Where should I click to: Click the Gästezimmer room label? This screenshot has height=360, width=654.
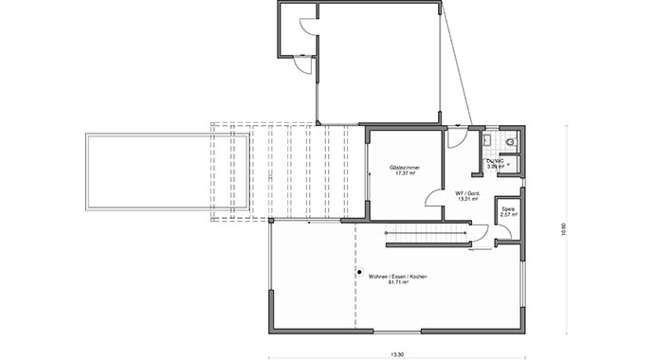click(x=405, y=168)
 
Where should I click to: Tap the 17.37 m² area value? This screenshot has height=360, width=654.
click(x=405, y=174)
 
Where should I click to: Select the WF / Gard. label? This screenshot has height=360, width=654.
click(x=467, y=193)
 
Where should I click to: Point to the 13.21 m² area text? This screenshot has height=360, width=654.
click(x=467, y=200)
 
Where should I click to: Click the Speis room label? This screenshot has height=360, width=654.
click(x=507, y=208)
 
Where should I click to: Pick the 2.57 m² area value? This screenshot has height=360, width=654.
click(x=507, y=215)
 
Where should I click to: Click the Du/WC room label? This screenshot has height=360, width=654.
click(x=495, y=160)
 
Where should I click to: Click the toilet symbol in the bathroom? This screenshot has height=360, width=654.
click(x=510, y=143)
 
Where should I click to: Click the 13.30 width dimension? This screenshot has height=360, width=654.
click(x=396, y=353)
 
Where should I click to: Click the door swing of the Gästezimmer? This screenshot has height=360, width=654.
click(x=433, y=196)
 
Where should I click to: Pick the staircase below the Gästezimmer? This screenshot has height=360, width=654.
click(x=427, y=233)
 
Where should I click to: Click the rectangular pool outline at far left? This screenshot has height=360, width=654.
click(x=168, y=172)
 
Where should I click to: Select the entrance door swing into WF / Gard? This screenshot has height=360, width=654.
click(x=457, y=137)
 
